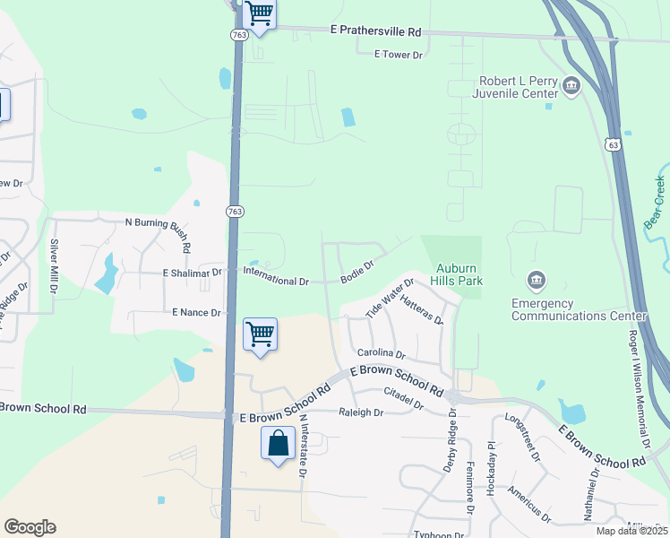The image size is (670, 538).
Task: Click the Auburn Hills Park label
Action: [460, 274]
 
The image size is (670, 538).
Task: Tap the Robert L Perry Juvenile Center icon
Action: [571, 86]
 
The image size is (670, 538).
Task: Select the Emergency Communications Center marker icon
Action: [536, 282]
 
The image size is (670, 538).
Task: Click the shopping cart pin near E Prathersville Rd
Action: [259, 14]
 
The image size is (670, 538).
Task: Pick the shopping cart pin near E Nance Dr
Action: [260, 334]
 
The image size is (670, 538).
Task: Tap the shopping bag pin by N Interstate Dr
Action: [278, 443]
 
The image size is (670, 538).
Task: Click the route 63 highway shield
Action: [613, 143]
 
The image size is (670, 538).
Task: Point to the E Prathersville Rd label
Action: [375, 31]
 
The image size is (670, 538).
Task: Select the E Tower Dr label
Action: [398, 55]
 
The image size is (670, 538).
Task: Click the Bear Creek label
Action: [656, 202]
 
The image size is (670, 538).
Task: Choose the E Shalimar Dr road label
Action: [192, 272]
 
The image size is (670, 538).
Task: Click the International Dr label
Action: [276, 281]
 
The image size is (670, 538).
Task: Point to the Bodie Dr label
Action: [356, 272]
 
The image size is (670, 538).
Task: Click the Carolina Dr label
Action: [382, 354]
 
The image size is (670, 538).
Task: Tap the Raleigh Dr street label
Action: [361, 413]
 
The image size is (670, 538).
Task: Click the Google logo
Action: [30, 527]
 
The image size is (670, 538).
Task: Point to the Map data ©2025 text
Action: [631, 531]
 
